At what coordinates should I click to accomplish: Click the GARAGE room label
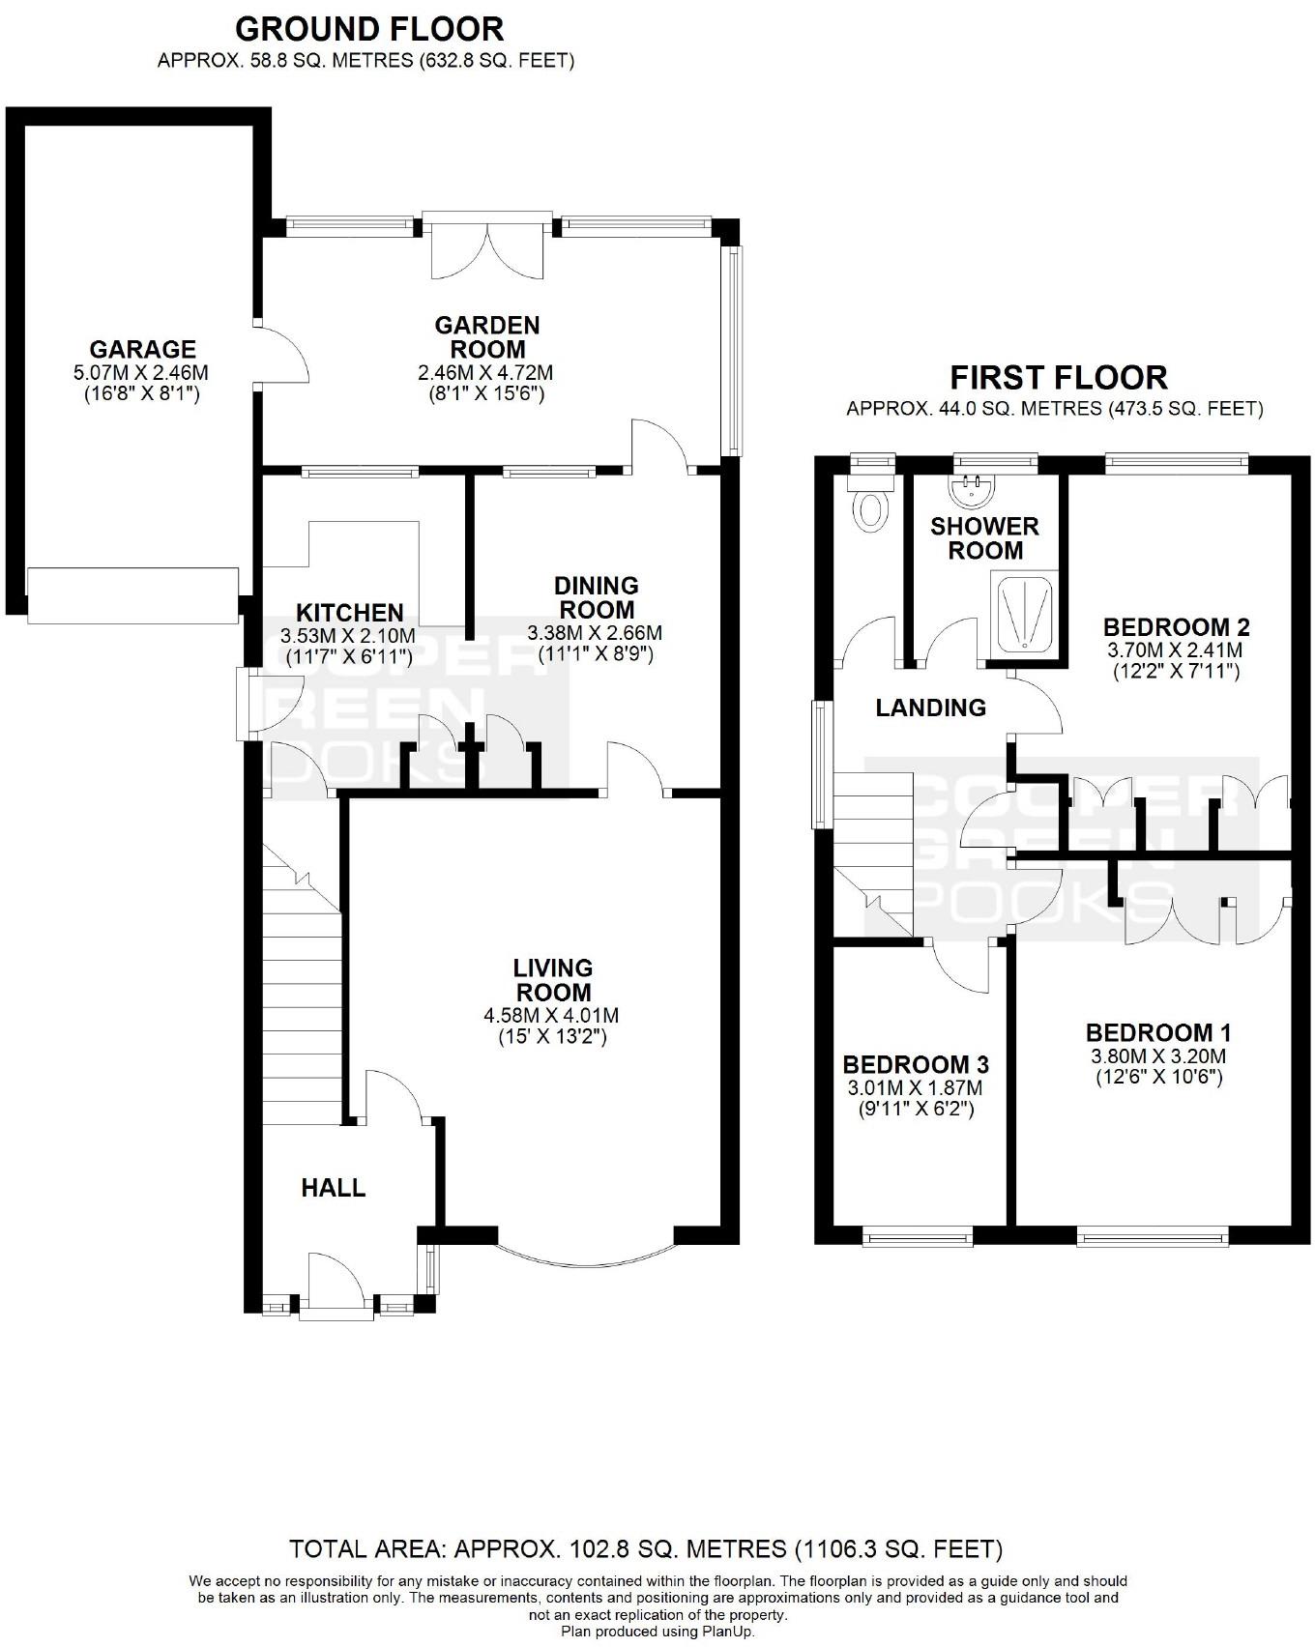pyautogui.click(x=142, y=349)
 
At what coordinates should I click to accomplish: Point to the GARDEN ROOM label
pyautogui.click(x=486, y=336)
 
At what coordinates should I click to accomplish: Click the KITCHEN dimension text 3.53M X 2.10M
pyautogui.click(x=347, y=636)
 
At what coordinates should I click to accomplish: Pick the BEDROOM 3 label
pyautogui.click(x=916, y=1065)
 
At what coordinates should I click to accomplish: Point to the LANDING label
pyautogui.click(x=930, y=708)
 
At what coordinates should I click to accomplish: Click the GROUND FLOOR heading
pyautogui.click(x=369, y=28)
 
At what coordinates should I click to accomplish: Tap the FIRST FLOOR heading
pyautogui.click(x=1059, y=376)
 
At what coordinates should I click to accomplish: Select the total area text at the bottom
pyautogui.click(x=646, y=1549)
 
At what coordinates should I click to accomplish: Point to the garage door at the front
pyautogui.click(x=132, y=595)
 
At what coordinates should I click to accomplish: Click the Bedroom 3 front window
pyautogui.click(x=918, y=1235)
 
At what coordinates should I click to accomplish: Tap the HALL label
pyautogui.click(x=334, y=1188)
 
